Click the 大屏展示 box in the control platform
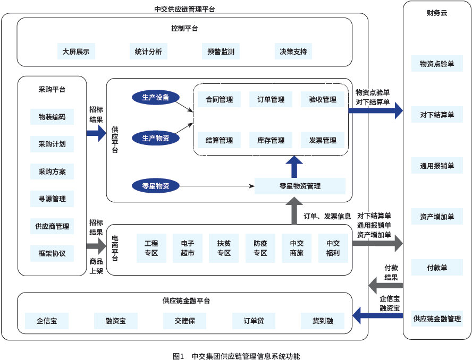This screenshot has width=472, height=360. [x=76, y=52]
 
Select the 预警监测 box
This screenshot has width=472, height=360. [x=221, y=52]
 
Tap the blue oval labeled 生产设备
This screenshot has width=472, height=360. [x=156, y=97]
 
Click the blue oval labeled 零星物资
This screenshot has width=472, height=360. [x=156, y=186]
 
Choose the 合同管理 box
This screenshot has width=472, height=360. [x=219, y=99]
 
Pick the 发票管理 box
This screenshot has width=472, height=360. [x=323, y=140]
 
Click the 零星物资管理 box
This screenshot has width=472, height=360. [x=300, y=186]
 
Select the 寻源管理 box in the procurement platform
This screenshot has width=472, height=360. [x=52, y=199]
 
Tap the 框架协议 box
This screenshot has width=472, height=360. [x=52, y=253]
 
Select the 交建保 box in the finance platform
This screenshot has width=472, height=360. [x=185, y=321]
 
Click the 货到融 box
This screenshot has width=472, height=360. [x=323, y=321]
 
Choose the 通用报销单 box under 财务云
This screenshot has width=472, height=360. [x=437, y=166]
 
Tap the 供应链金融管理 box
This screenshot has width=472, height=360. [x=437, y=319]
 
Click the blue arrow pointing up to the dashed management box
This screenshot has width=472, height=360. [x=293, y=167]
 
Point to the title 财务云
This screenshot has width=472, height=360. [x=437, y=12]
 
